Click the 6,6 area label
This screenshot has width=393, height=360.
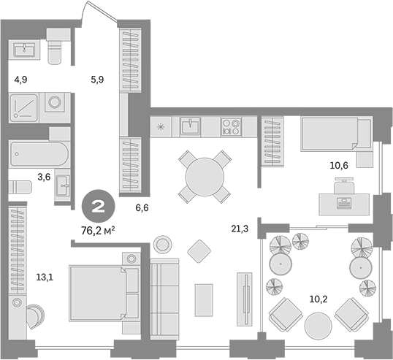pyautogui.click(x=142, y=208)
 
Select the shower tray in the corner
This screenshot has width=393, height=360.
pyautogui.click(x=26, y=107)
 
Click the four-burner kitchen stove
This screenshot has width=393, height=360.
pyautogui.click(x=232, y=126)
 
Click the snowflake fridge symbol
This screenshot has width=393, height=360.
pyautogui.click(x=162, y=126)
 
